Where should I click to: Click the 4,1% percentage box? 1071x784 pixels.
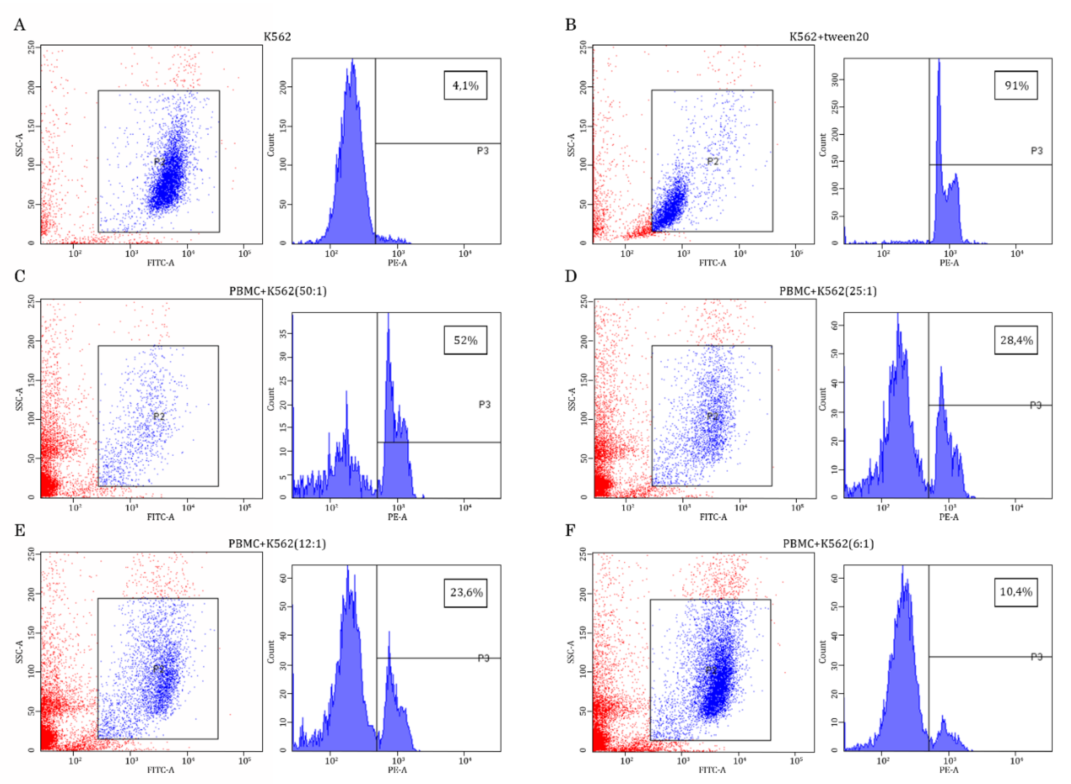point(465,86)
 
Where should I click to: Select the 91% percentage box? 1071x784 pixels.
point(1016,86)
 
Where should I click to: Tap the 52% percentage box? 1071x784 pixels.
point(465,340)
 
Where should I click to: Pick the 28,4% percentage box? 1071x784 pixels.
point(1016,340)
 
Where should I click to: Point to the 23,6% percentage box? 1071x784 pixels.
point(466,593)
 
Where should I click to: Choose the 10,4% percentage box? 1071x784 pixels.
point(1016,592)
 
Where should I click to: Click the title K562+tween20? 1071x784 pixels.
point(829,36)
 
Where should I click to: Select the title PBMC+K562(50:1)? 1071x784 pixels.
point(278,291)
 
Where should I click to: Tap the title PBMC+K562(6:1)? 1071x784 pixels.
point(828,543)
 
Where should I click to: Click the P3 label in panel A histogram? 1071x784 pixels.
point(482,151)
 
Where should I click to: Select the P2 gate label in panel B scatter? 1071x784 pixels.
point(712,161)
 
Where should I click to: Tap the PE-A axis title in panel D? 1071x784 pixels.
point(949,517)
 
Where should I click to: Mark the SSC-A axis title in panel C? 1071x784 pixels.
point(20,399)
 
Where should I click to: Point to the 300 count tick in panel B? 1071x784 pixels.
point(837,79)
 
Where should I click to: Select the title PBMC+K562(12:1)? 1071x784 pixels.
point(277,543)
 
